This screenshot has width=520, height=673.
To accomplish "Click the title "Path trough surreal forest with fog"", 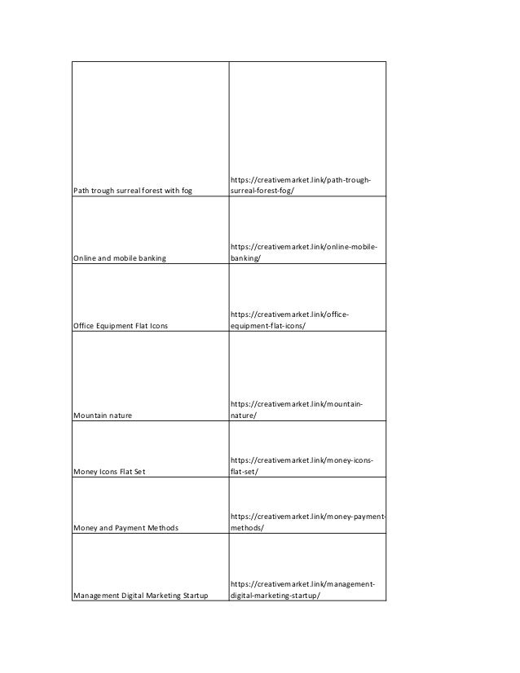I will click(x=132, y=191).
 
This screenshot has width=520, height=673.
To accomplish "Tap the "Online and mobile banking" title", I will click(x=120, y=258).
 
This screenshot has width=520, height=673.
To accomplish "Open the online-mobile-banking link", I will click(x=304, y=253).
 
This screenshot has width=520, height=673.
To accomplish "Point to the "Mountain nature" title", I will click(x=104, y=416).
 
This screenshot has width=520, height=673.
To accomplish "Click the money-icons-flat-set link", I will click(x=302, y=466).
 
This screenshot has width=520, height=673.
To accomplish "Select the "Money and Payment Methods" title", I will click(x=126, y=528).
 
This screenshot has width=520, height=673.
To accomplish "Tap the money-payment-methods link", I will click(x=307, y=522).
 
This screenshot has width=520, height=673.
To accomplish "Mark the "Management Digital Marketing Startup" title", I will click(x=140, y=596).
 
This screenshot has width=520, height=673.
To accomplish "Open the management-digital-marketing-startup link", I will click(x=302, y=590).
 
